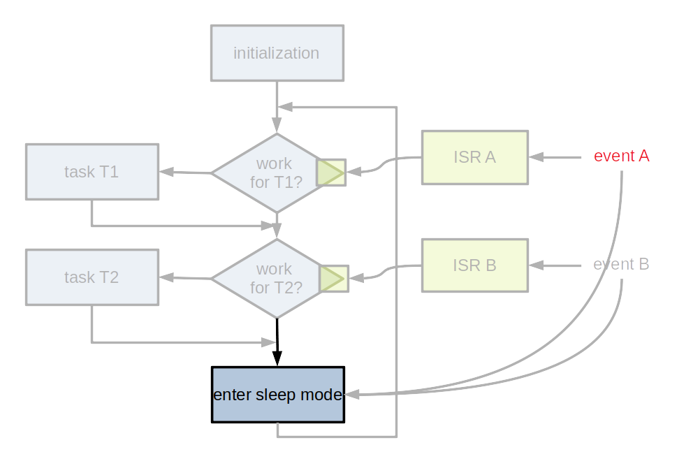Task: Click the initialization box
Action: point(277,53)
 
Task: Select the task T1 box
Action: point(92,172)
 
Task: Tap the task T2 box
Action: point(92,277)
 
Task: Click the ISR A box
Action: point(474,157)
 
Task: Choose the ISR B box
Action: point(474,265)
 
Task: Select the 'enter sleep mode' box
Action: point(277,395)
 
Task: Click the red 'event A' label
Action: point(621,156)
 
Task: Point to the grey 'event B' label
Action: point(621,265)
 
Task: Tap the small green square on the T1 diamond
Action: point(331,173)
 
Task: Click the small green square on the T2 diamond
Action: point(333,279)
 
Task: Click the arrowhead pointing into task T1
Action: point(166,172)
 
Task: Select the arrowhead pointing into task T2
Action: point(166,277)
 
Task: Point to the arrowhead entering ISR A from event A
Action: point(536,157)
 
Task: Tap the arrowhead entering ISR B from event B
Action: point(536,265)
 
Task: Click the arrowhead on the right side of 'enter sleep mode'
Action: point(353,395)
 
